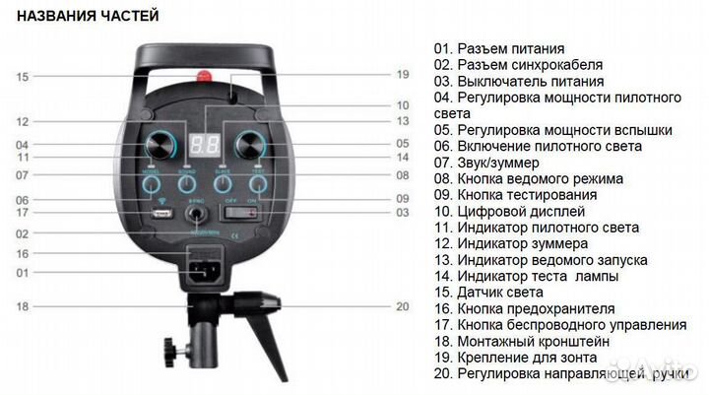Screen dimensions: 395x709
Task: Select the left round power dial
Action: pyautogui.click(x=163, y=140)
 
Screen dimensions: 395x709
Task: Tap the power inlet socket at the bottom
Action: pyautogui.click(x=205, y=271)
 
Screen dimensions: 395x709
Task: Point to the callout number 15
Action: pyautogui.click(x=23, y=76)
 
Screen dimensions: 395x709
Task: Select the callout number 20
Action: pyautogui.click(x=401, y=306)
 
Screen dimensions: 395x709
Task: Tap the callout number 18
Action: pyautogui.click(x=23, y=306)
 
